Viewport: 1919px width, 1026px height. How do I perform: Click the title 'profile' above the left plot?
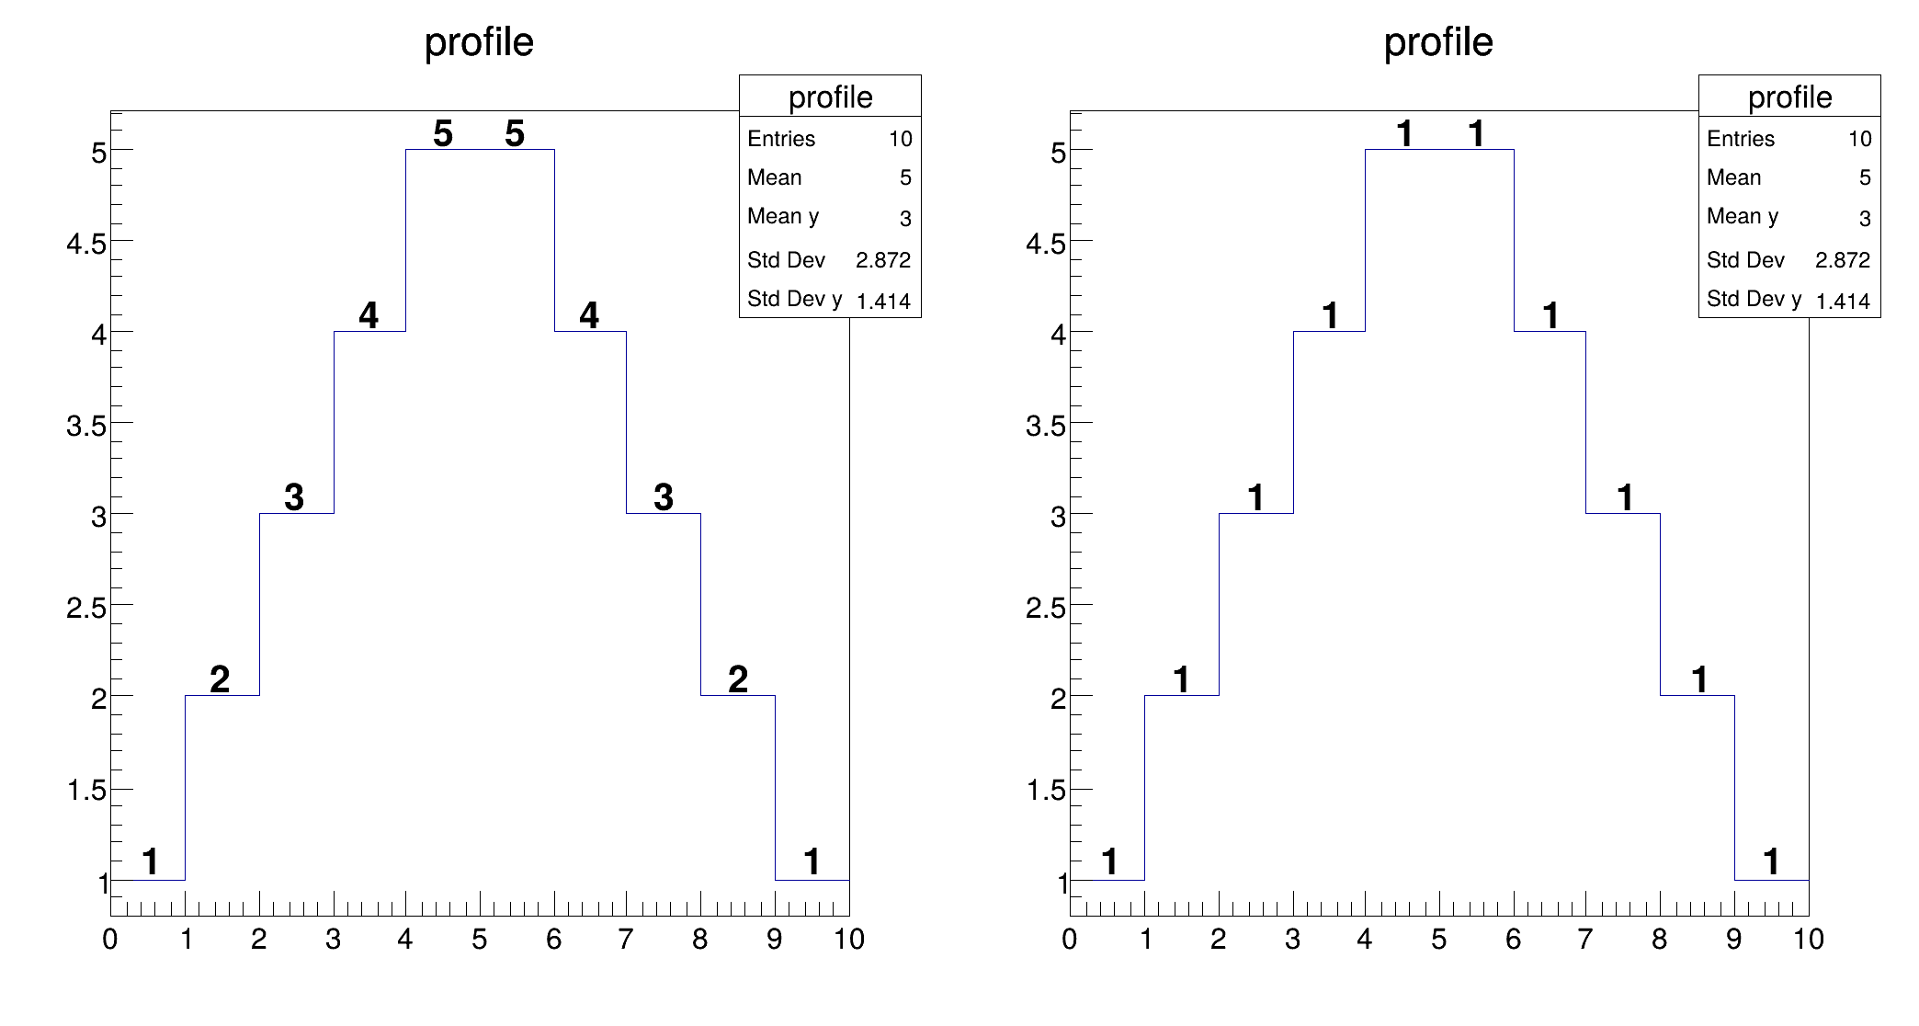(479, 42)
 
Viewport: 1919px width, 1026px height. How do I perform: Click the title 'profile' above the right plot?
(1438, 42)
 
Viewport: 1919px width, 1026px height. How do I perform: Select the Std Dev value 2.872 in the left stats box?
(882, 260)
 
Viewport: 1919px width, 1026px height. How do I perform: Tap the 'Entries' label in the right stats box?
(1741, 139)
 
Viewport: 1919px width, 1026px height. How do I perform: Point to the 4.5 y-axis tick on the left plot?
(86, 244)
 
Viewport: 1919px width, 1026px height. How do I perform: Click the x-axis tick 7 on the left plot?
(626, 940)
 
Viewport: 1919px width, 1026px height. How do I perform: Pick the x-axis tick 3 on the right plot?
(1292, 940)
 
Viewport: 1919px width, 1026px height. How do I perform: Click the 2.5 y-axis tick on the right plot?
(1046, 608)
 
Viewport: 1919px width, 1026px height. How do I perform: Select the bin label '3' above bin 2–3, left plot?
(294, 497)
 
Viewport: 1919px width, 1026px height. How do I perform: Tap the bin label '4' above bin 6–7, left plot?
(589, 315)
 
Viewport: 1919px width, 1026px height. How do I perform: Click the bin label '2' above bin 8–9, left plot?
(738, 679)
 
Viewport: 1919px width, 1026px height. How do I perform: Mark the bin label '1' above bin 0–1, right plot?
(1109, 861)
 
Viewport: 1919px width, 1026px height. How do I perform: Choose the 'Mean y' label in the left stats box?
(783, 216)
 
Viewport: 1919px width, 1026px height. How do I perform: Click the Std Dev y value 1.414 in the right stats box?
(1843, 301)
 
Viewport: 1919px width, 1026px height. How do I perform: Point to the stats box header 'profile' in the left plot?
(830, 97)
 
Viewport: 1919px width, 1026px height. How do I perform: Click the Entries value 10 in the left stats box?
(900, 139)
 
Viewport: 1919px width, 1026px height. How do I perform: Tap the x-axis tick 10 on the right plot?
(1808, 940)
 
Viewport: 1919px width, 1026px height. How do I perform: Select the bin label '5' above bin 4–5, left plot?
(443, 134)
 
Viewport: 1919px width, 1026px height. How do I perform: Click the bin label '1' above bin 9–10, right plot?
(1771, 861)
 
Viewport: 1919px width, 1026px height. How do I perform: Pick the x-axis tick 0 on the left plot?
(110, 940)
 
